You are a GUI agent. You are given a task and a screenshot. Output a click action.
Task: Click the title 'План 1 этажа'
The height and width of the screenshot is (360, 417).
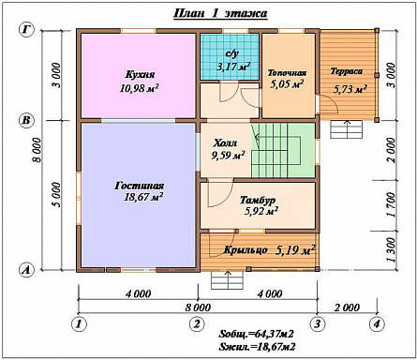click(220, 13)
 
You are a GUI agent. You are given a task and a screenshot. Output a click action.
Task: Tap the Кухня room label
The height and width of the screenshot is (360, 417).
click(140, 75)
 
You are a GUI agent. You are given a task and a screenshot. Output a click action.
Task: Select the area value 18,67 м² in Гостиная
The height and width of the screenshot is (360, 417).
click(143, 197)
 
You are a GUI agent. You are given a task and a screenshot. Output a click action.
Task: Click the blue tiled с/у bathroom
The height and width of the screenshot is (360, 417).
click(230, 56)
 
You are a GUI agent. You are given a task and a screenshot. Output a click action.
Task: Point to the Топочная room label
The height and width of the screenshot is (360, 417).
click(287, 73)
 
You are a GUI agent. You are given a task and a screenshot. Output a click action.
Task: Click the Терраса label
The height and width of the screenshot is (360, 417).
click(347, 71)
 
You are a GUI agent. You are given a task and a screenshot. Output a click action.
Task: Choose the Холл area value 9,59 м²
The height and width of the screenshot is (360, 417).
click(228, 155)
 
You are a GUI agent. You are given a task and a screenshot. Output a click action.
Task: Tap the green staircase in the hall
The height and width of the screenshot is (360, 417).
click(283, 150)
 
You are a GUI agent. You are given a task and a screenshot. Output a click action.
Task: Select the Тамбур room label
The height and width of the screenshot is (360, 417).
click(258, 200)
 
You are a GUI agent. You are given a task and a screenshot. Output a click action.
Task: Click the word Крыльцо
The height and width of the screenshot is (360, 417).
click(246, 250)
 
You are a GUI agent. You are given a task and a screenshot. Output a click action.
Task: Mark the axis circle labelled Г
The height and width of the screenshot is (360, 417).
click(27, 30)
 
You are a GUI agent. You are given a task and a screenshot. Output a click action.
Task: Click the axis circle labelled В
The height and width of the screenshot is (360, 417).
click(27, 120)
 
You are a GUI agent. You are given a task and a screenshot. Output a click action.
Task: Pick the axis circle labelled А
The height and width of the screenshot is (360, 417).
click(27, 269)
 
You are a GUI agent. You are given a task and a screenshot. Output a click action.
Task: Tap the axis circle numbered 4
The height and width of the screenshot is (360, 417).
click(377, 324)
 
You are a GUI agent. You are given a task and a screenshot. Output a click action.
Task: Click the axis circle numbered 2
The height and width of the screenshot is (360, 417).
click(197, 324)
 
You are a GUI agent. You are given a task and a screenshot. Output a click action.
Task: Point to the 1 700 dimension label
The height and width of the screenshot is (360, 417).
click(390, 204)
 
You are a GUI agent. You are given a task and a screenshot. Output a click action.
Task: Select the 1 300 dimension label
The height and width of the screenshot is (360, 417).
click(390, 250)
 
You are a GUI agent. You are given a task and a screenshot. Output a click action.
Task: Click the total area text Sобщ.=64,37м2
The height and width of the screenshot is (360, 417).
click(256, 334)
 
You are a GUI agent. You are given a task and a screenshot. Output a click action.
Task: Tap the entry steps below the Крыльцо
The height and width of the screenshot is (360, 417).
click(227, 280)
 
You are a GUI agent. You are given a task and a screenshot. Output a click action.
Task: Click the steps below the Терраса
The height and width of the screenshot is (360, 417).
click(347, 129)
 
